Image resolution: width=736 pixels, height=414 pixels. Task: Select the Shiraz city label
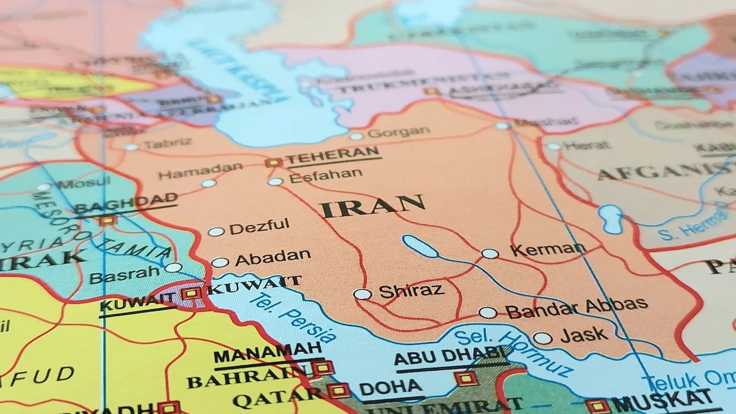click(411, 291)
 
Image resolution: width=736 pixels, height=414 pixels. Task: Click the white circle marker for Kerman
click(490, 254)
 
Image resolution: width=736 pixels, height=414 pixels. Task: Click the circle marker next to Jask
click(543, 338)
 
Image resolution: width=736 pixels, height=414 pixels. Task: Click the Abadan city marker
click(220, 263)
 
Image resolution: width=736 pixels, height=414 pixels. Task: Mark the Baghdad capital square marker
click(107, 221)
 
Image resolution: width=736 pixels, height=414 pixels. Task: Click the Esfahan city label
click(325, 176)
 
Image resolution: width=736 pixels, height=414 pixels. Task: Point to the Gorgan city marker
click(356, 136)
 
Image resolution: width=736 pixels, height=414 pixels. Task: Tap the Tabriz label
click(168, 143)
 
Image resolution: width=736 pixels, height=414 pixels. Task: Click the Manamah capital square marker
click(323, 368)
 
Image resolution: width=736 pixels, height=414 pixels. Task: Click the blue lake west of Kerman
click(420, 246)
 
